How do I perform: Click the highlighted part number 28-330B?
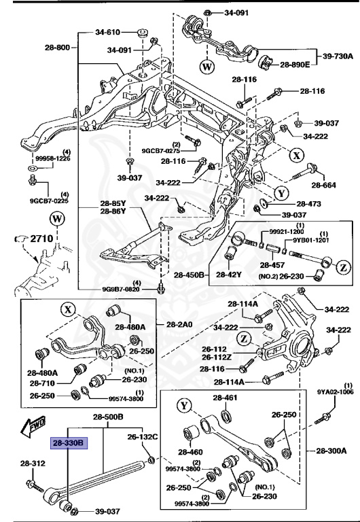pos(69,442)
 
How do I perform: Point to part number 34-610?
pos(107,32)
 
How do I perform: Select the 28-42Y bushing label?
pos(229,275)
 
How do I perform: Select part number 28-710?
pos(41,383)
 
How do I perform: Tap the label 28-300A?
pos(331,451)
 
